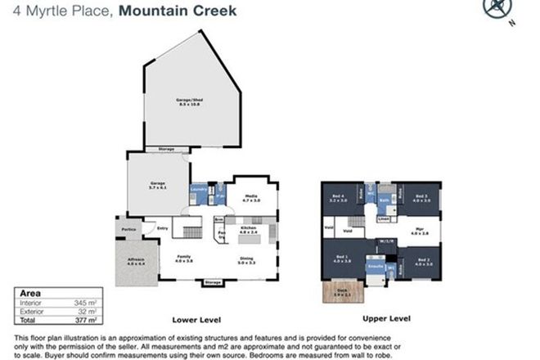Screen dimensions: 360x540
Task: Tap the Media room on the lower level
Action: click(x=244, y=197)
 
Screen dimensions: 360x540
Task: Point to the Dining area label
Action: click(x=246, y=261)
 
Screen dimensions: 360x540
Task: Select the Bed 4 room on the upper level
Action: click(x=339, y=197)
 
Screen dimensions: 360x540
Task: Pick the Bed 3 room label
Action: click(x=421, y=197)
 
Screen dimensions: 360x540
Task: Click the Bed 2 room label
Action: click(x=422, y=263)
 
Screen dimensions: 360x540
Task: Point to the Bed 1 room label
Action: click(x=340, y=259)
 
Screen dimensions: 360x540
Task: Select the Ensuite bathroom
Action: click(x=375, y=267)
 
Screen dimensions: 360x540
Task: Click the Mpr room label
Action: click(x=420, y=232)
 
